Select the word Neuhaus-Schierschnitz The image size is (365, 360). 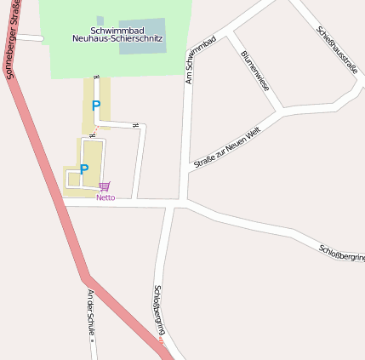[117, 39]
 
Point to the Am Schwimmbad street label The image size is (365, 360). [201, 60]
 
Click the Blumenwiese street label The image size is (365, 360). [255, 70]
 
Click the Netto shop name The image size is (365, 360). [106, 197]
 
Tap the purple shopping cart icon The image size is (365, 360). [105, 186]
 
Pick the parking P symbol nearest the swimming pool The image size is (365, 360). [96, 106]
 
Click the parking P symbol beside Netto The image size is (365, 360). [84, 169]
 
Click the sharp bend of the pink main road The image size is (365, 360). [85, 277]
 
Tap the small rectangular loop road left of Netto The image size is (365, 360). [71, 179]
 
